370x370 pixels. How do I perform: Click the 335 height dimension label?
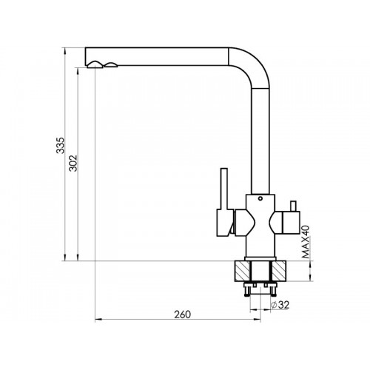[x=60, y=145]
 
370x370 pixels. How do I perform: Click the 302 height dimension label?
[x=73, y=163]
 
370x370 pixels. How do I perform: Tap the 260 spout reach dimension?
[x=183, y=314]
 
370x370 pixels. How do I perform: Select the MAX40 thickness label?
[x=306, y=242]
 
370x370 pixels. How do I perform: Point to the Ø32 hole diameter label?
[x=280, y=305]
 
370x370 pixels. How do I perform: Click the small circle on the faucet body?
[x=260, y=198]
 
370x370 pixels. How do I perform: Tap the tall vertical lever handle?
[x=223, y=189]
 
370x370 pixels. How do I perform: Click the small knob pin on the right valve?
[x=293, y=206]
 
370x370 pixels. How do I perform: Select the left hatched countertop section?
[x=243, y=271]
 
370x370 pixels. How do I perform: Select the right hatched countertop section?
[x=279, y=271]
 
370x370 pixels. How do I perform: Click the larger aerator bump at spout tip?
[x=95, y=64]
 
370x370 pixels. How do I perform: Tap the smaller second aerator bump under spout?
[x=111, y=64]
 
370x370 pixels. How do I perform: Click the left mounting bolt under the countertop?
[x=247, y=289]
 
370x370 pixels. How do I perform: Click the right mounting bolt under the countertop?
[x=274, y=289]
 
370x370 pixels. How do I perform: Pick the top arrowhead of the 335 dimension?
[x=65, y=50]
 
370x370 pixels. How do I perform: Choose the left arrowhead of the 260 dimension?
[x=98, y=320]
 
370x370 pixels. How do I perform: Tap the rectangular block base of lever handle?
[x=225, y=223]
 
